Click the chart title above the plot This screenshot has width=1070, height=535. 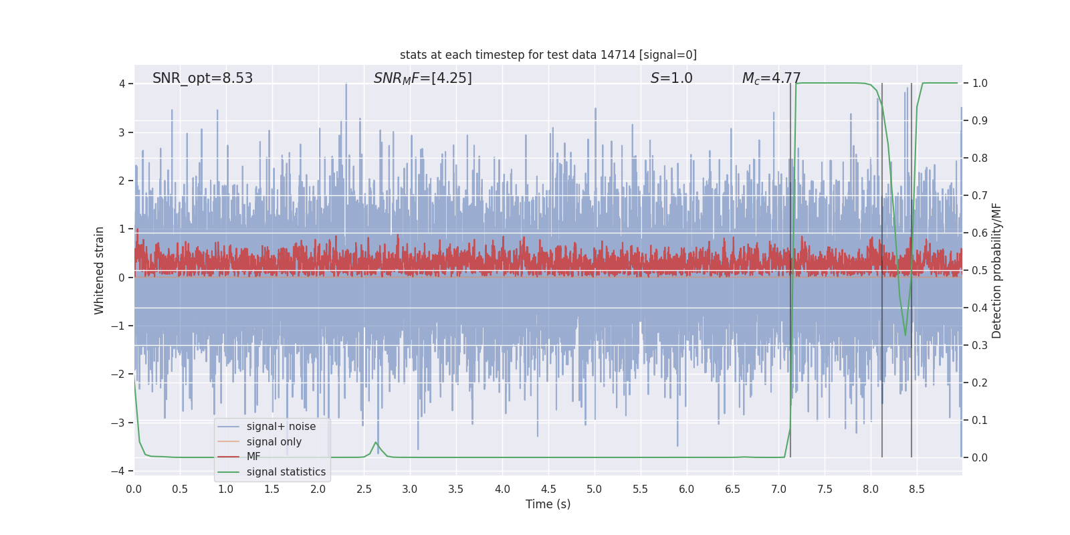pos(548,55)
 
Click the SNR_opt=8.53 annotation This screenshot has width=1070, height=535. pos(203,78)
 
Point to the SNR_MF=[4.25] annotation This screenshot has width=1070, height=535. pos(423,78)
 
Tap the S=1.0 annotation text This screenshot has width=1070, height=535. pos(671,78)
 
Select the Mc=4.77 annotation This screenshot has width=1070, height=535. pos(771,78)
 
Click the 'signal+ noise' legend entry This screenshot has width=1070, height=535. pos(281,427)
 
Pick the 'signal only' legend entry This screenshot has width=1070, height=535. pos(274,442)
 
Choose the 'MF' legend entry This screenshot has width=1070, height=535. pos(253,457)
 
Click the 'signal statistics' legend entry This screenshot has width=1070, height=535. pos(286,472)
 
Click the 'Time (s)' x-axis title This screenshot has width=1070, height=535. pos(548,504)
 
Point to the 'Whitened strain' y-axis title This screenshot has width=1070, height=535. pos(100,270)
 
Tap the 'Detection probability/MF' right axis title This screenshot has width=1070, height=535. pos(996,270)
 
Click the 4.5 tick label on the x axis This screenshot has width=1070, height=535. pos(548,490)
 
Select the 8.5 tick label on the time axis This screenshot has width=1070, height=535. pos(917,490)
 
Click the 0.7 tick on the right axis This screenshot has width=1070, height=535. pos(980,196)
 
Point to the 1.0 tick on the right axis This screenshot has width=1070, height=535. pos(980,84)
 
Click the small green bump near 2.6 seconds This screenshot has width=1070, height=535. pos(376,443)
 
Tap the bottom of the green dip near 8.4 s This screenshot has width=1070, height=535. pos(905,335)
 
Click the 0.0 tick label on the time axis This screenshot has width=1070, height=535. pos(134,490)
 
